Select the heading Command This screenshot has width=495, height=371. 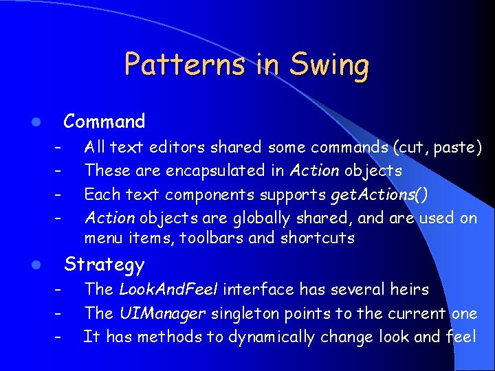(104, 122)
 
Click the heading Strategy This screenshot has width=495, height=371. (104, 265)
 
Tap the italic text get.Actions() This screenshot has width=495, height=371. (379, 194)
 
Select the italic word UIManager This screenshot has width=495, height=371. (162, 314)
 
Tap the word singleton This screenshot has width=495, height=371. (242, 314)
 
